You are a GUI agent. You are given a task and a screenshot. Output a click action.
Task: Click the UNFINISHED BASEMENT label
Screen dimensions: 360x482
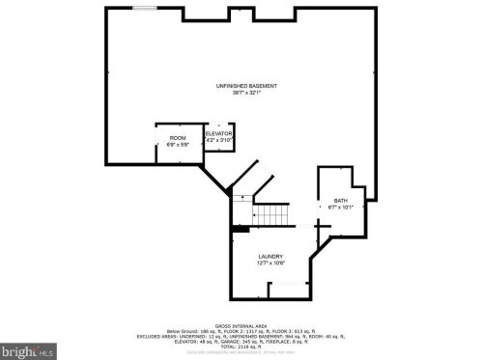(x=246, y=86)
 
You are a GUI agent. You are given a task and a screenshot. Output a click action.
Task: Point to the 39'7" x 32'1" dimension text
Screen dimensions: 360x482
(x=246, y=94)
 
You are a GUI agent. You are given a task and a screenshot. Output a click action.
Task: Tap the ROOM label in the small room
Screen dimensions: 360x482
(x=178, y=138)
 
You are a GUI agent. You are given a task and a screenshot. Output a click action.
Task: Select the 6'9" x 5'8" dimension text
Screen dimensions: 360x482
(x=178, y=145)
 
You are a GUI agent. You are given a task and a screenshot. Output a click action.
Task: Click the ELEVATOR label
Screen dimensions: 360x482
(x=218, y=133)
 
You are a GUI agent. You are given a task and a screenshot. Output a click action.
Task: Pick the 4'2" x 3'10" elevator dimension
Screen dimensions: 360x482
(x=218, y=140)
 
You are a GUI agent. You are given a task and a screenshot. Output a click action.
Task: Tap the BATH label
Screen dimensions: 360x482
(x=341, y=201)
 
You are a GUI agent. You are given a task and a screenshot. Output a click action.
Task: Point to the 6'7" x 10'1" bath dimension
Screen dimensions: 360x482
(x=341, y=208)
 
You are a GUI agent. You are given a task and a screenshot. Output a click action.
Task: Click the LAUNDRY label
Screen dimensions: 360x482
(x=269, y=256)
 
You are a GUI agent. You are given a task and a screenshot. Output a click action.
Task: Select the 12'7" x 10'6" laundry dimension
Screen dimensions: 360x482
(x=269, y=263)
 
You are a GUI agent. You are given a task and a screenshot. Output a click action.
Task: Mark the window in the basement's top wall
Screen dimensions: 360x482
(x=147, y=9)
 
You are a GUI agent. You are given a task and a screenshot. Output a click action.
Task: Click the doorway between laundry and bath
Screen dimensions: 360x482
(x=318, y=225)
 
